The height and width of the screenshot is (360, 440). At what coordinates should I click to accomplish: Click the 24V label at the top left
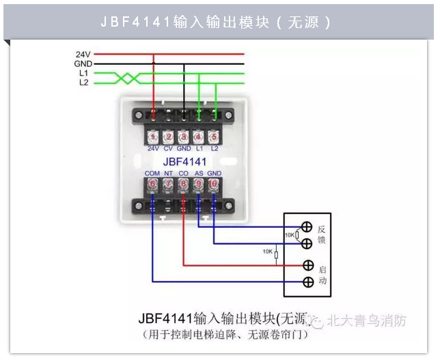[x=84, y=53]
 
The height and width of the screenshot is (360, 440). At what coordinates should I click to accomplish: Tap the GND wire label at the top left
[x=83, y=63]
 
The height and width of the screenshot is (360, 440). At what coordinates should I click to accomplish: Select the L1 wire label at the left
[x=83, y=72]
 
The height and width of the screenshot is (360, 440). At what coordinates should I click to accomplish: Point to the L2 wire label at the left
[x=83, y=82]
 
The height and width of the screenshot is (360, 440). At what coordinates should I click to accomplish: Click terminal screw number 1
[x=153, y=137]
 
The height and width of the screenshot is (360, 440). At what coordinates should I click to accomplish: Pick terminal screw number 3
[x=184, y=137]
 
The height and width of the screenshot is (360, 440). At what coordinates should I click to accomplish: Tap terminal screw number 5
[x=215, y=137]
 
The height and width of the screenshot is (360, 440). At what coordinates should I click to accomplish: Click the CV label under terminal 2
[x=168, y=148]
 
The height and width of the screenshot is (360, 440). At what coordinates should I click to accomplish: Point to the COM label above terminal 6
[x=152, y=174]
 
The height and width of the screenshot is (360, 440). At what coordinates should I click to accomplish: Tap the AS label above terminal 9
[x=199, y=174]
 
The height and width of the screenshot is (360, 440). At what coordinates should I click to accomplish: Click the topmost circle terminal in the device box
[x=307, y=227]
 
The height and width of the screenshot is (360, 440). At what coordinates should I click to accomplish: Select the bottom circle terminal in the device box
[x=307, y=281]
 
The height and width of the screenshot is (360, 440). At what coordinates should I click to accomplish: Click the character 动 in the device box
[x=322, y=281]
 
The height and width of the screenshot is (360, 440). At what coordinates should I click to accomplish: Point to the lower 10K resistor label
[x=268, y=252]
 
